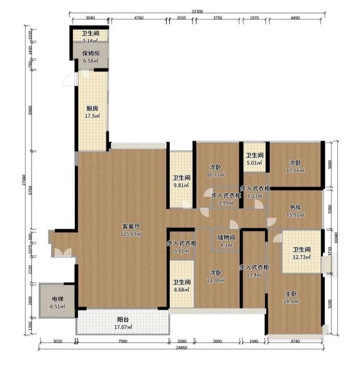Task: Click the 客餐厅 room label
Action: (131, 226)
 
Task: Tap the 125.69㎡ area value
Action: (131, 234)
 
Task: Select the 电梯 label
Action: (57, 299)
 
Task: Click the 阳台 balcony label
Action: (123, 319)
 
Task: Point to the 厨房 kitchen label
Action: (92, 108)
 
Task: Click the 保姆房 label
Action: (91, 53)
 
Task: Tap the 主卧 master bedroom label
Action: (291, 294)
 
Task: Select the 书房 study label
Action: (295, 207)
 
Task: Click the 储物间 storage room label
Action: (226, 237)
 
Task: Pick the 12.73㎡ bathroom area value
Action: (302, 257)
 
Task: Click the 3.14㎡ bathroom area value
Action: (90, 41)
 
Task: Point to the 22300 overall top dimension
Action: (197, 11)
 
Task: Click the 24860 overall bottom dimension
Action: (181, 347)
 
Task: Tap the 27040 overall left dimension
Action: (24, 180)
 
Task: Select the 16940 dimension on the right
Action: (336, 238)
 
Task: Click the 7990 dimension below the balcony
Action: (123, 341)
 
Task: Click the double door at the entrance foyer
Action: (63, 253)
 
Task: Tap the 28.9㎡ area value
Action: (291, 301)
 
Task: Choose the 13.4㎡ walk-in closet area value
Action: (254, 275)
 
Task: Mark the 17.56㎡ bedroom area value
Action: (295, 170)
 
